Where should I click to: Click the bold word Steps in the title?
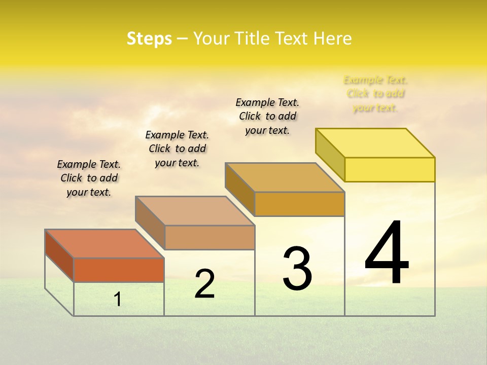(x=149, y=39)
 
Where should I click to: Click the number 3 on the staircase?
(x=297, y=269)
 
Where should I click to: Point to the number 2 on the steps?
(x=205, y=284)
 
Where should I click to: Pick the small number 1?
(x=118, y=299)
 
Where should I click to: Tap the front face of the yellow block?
(x=390, y=169)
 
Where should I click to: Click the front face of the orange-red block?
(x=119, y=270)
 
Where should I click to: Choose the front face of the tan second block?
(x=210, y=237)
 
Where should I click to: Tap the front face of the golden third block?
(x=299, y=204)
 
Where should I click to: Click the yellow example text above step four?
(x=375, y=94)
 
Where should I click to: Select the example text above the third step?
(x=267, y=116)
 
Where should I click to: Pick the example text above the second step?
(x=177, y=149)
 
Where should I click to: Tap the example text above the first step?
(x=89, y=178)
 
